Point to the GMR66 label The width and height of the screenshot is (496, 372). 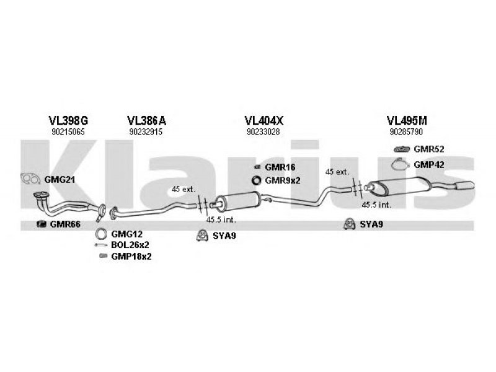tap(65, 224)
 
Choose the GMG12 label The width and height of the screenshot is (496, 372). tap(127, 234)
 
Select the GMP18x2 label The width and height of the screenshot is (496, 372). tap(131, 256)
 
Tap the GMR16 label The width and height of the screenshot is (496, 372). tap(280, 168)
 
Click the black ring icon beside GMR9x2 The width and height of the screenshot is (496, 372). tap(255, 180)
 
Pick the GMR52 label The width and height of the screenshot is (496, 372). tap(429, 149)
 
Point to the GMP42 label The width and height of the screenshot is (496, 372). tap(429, 164)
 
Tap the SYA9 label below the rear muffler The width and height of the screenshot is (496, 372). tap(371, 224)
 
